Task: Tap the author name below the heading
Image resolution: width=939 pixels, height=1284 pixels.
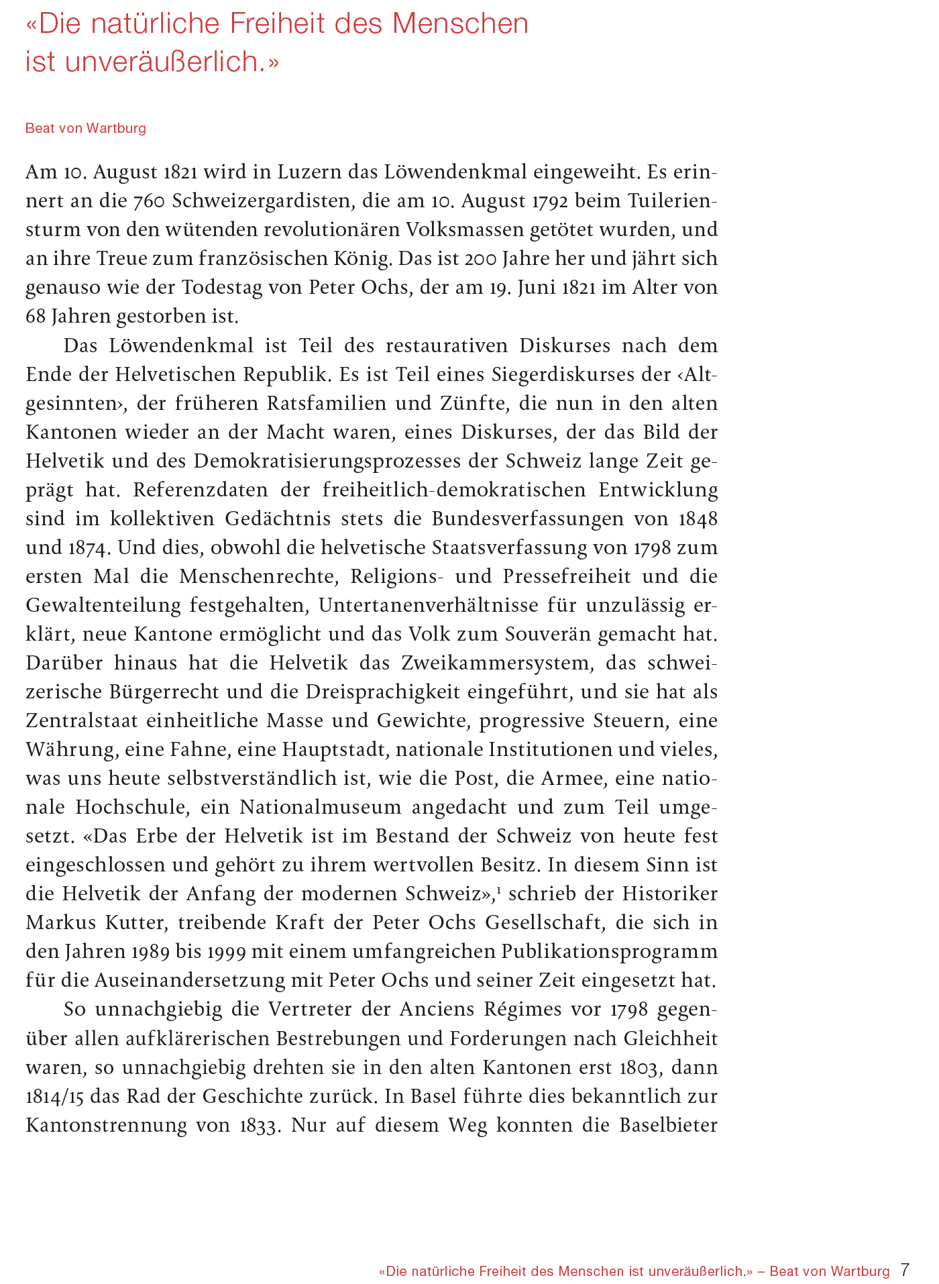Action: click(x=85, y=128)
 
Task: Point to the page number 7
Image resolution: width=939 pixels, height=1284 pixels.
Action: click(x=905, y=1270)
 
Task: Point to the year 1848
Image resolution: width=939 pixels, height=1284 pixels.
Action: click(x=698, y=519)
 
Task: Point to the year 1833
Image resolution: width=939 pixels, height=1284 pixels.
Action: click(x=258, y=1124)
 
